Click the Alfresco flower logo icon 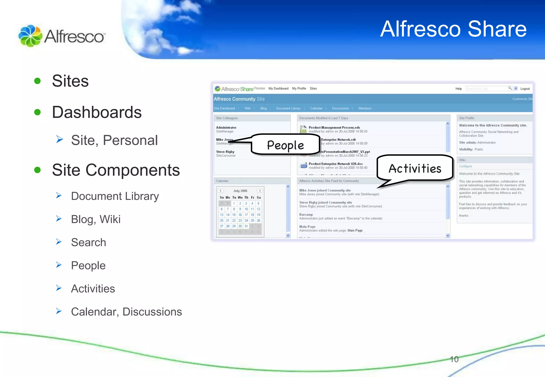[x=30, y=36]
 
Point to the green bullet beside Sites [x=38, y=81]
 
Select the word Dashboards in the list [x=97, y=112]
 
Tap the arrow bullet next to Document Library [x=59, y=196]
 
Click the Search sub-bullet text [x=89, y=242]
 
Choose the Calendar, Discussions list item [x=126, y=312]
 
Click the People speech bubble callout [x=285, y=145]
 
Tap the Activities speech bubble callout [x=415, y=168]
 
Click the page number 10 [x=454, y=359]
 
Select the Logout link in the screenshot [x=525, y=89]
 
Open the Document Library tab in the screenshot [x=288, y=108]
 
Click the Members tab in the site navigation [x=365, y=108]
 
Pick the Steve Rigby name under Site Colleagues [x=225, y=152]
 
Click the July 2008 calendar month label [x=240, y=191]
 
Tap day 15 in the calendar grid [x=234, y=215]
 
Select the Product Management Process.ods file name [x=334, y=128]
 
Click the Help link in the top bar [x=459, y=89]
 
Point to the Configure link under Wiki [x=465, y=166]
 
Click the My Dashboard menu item [x=278, y=89]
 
